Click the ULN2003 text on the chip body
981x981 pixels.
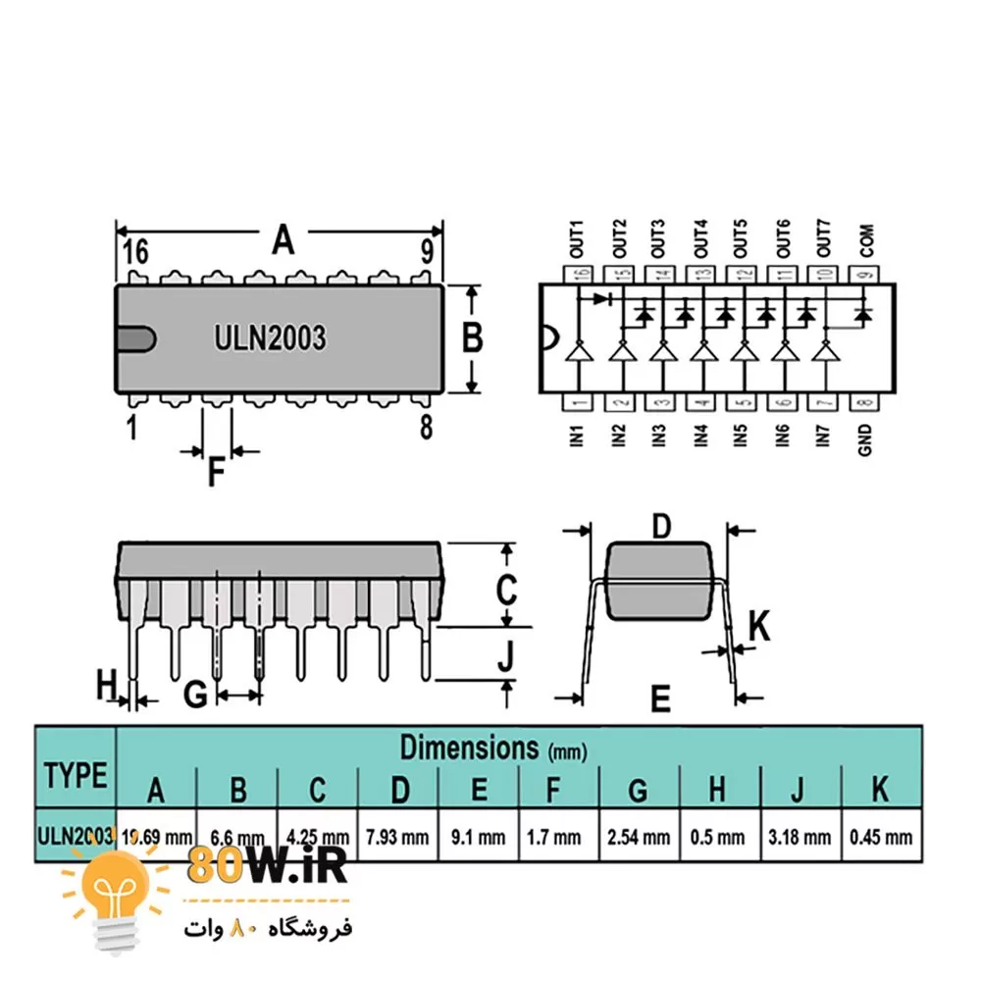point(270,338)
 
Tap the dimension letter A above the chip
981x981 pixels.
point(283,239)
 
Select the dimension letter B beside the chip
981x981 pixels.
point(472,338)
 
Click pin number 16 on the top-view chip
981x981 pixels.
point(135,253)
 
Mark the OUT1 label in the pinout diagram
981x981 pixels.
point(576,238)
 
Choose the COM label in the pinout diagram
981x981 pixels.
point(865,240)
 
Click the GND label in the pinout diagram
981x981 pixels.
point(865,439)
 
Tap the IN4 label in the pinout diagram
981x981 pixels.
point(700,435)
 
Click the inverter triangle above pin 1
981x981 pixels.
point(578,352)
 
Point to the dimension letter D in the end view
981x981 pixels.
point(661,527)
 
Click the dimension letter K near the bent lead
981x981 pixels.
point(759,625)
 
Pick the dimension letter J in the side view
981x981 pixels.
point(504,654)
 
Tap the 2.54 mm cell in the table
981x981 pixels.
point(639,838)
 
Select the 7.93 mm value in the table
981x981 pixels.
point(397,838)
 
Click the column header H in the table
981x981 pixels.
point(718,787)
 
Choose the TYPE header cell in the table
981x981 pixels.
point(76,775)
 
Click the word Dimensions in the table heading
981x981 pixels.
point(469,748)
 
